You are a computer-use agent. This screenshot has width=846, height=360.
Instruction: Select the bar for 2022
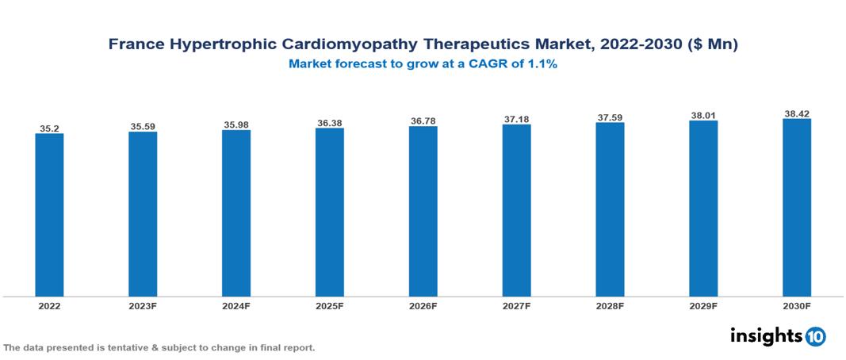point(49,215)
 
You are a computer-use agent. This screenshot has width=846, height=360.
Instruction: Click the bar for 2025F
point(330,213)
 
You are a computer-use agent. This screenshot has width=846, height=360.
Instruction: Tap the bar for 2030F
point(797,208)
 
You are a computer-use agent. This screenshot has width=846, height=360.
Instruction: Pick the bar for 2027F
point(516,211)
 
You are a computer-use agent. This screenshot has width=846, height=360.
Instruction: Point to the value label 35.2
point(49,127)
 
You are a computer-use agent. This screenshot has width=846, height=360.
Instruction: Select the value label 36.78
point(423,121)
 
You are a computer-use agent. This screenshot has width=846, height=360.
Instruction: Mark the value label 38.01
point(703,115)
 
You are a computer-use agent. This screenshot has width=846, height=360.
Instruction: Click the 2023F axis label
point(143,305)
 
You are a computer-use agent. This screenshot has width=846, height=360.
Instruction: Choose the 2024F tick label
point(236,305)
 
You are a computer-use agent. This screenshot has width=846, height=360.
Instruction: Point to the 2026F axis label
point(423,305)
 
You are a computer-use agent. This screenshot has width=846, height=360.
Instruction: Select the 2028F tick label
point(610,305)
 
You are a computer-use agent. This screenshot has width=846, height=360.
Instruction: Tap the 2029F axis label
point(703,305)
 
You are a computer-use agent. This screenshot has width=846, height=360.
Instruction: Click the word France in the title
point(136,45)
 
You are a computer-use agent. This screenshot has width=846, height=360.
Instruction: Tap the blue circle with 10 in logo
point(815,337)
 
